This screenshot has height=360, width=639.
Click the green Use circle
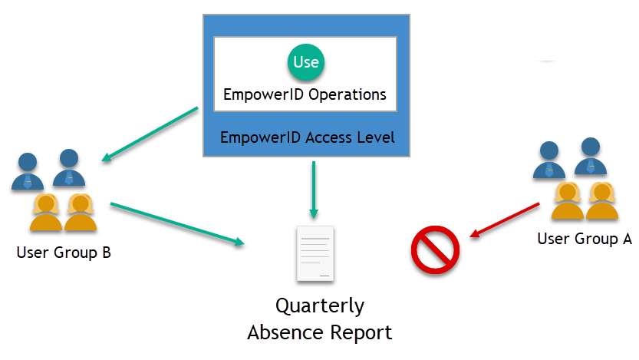[305, 63]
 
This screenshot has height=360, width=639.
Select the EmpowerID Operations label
[305, 95]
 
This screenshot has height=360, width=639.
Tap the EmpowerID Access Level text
[307, 138]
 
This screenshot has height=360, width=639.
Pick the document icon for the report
[315, 253]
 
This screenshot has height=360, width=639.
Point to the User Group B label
[64, 252]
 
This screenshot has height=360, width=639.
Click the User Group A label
[585, 239]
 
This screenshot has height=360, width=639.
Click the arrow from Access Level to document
[313, 189]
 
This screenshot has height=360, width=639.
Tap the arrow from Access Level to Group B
[150, 134]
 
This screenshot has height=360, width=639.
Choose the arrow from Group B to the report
[177, 223]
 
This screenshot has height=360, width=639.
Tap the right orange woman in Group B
[81, 213]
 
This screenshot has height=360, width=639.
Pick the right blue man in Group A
[591, 157]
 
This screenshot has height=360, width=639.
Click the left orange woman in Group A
[567, 202]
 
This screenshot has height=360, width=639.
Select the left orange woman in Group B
[44, 213]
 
